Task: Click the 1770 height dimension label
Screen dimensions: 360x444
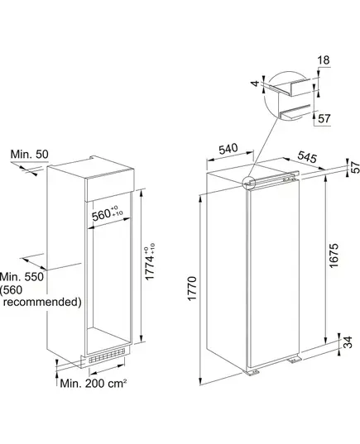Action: [x=192, y=289]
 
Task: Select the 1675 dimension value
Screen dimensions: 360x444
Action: [x=334, y=255]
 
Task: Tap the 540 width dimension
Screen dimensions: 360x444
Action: [x=228, y=148]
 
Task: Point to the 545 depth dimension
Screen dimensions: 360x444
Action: [x=307, y=157]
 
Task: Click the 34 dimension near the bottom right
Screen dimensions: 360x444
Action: [x=348, y=342]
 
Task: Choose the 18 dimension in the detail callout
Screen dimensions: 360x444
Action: [x=324, y=60]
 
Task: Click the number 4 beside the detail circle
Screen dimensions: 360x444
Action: [x=256, y=84]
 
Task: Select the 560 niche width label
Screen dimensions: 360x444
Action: [x=108, y=214]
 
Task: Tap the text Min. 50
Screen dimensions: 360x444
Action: [x=30, y=155]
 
